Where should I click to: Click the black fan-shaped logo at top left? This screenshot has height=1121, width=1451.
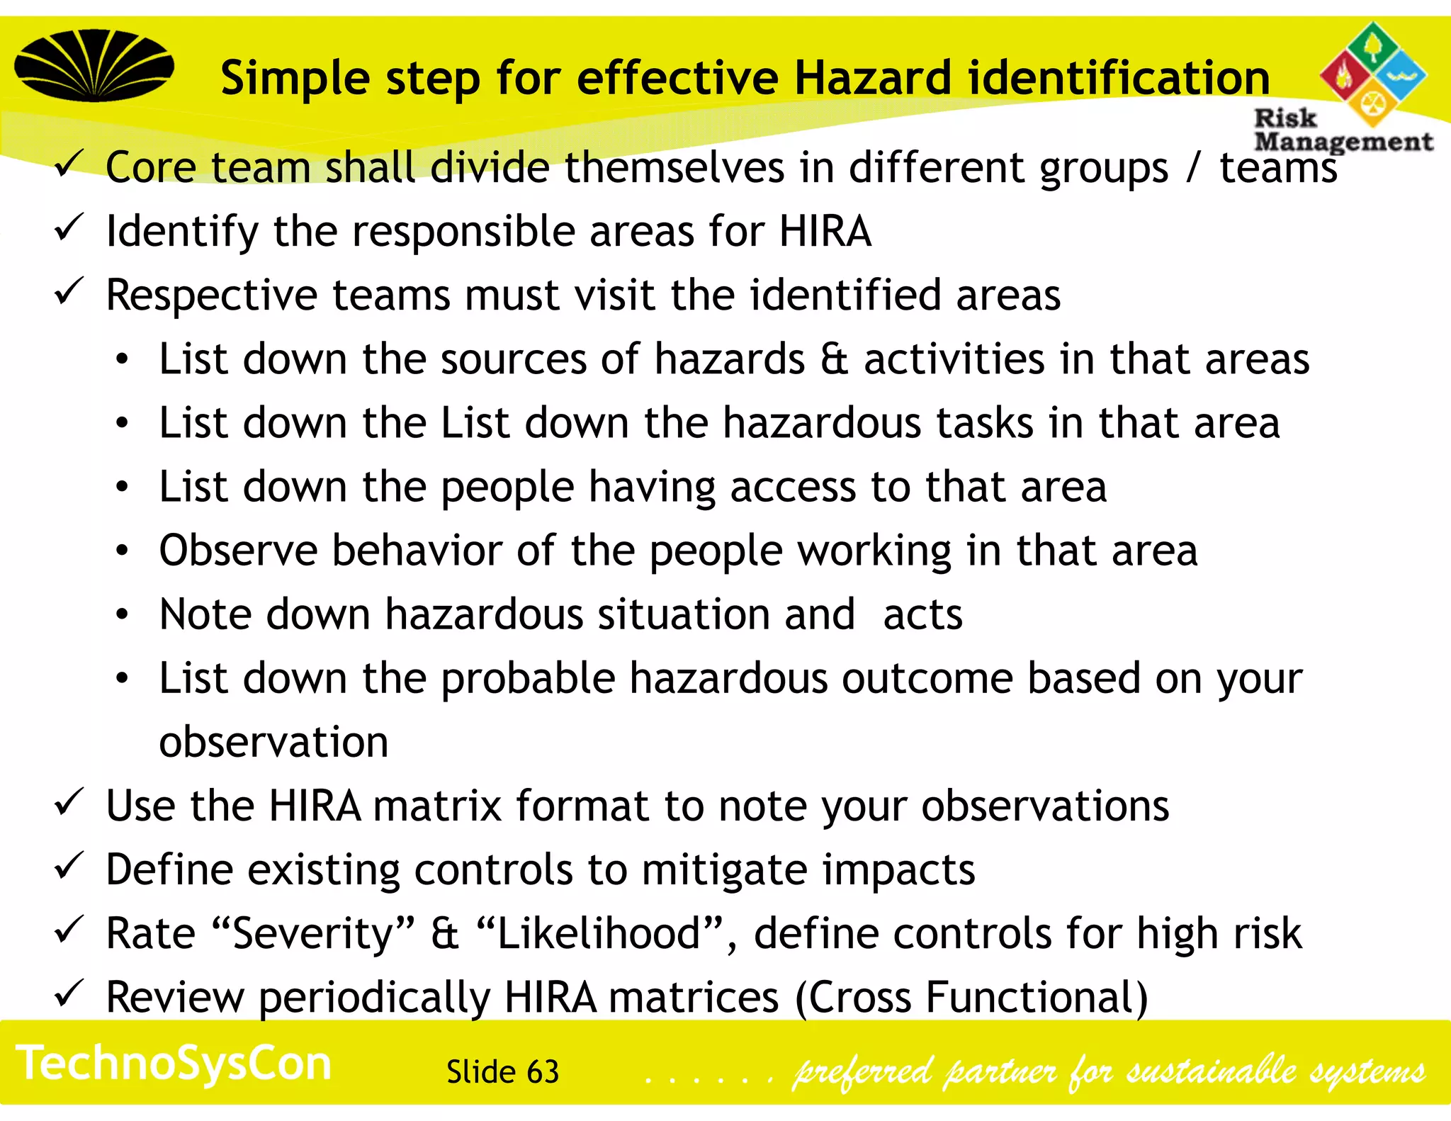(x=94, y=65)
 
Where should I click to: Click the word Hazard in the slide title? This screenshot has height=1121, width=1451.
(x=872, y=78)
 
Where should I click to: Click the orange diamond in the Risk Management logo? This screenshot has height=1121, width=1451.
(x=1372, y=103)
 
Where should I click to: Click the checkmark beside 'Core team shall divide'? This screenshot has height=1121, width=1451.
(x=69, y=164)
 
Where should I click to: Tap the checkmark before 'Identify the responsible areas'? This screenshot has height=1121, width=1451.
(x=69, y=227)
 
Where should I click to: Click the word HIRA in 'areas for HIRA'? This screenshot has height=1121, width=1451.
(x=825, y=231)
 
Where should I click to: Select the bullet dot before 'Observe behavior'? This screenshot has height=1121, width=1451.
(x=123, y=551)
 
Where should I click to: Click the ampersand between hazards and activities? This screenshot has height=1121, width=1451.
(x=834, y=359)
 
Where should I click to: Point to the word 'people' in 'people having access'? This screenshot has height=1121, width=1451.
(x=507, y=488)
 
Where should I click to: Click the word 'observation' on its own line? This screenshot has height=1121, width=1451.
(x=273, y=742)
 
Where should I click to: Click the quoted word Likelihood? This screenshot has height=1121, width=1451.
(x=599, y=933)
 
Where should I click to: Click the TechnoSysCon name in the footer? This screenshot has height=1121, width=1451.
(x=174, y=1064)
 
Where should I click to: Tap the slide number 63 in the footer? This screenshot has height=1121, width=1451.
(x=543, y=1072)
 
